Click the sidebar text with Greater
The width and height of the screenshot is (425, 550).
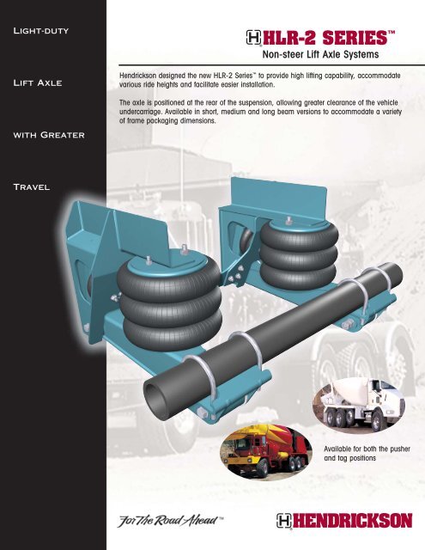pyautogui.click(x=46, y=136)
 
